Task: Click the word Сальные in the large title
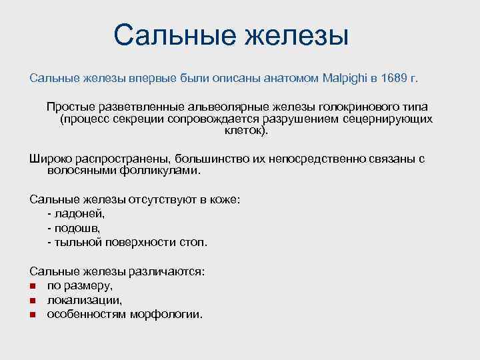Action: pos(174,35)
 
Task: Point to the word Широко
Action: pos(51,159)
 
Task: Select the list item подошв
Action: pos(79,228)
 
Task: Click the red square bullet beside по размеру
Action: pos(33,286)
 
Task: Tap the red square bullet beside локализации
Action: pos(33,300)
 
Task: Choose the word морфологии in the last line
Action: pos(171,314)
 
